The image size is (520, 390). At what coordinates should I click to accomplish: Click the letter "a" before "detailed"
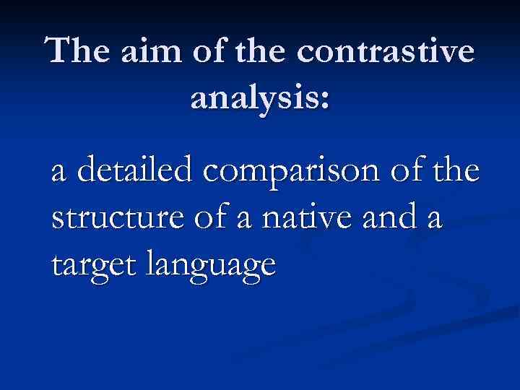click(60, 176)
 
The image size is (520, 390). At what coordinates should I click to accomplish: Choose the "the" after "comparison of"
click(453, 173)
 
